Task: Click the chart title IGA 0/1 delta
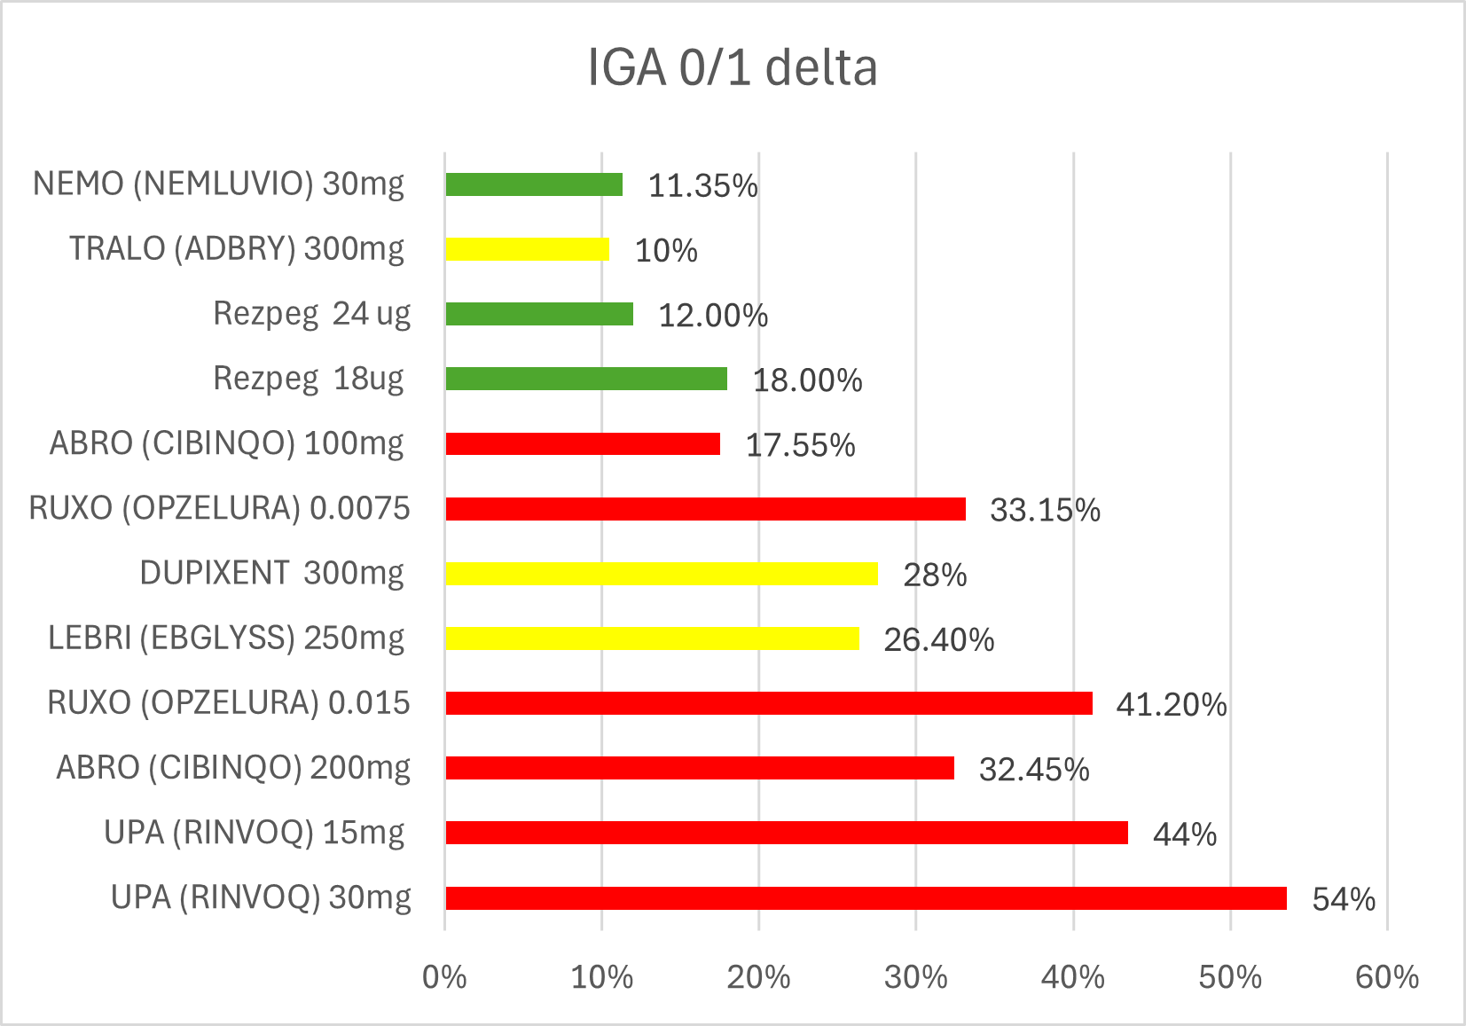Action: click(x=733, y=67)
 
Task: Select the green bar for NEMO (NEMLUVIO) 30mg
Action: click(x=534, y=184)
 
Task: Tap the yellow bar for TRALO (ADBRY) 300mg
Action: click(x=528, y=249)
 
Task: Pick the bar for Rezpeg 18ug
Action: click(x=586, y=379)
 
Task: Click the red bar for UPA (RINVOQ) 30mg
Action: click(x=866, y=898)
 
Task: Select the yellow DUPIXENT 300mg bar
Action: click(x=662, y=574)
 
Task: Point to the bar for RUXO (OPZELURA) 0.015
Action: click(x=769, y=703)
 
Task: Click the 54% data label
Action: click(x=1344, y=899)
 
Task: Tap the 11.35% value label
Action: click(x=703, y=185)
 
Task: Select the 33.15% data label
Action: click(x=1046, y=510)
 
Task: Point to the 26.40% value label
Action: click(x=939, y=639)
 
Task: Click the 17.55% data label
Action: click(x=801, y=445)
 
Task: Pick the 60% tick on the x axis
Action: click(x=1387, y=977)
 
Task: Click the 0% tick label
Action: click(x=444, y=977)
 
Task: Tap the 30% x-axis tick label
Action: click(x=915, y=977)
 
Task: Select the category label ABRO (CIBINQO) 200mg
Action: click(x=233, y=768)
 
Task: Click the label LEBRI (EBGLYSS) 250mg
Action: click(x=226, y=638)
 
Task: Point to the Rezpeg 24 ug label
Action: click(x=312, y=313)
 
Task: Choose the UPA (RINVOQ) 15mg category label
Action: click(x=255, y=833)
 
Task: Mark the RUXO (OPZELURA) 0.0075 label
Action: click(x=219, y=508)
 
